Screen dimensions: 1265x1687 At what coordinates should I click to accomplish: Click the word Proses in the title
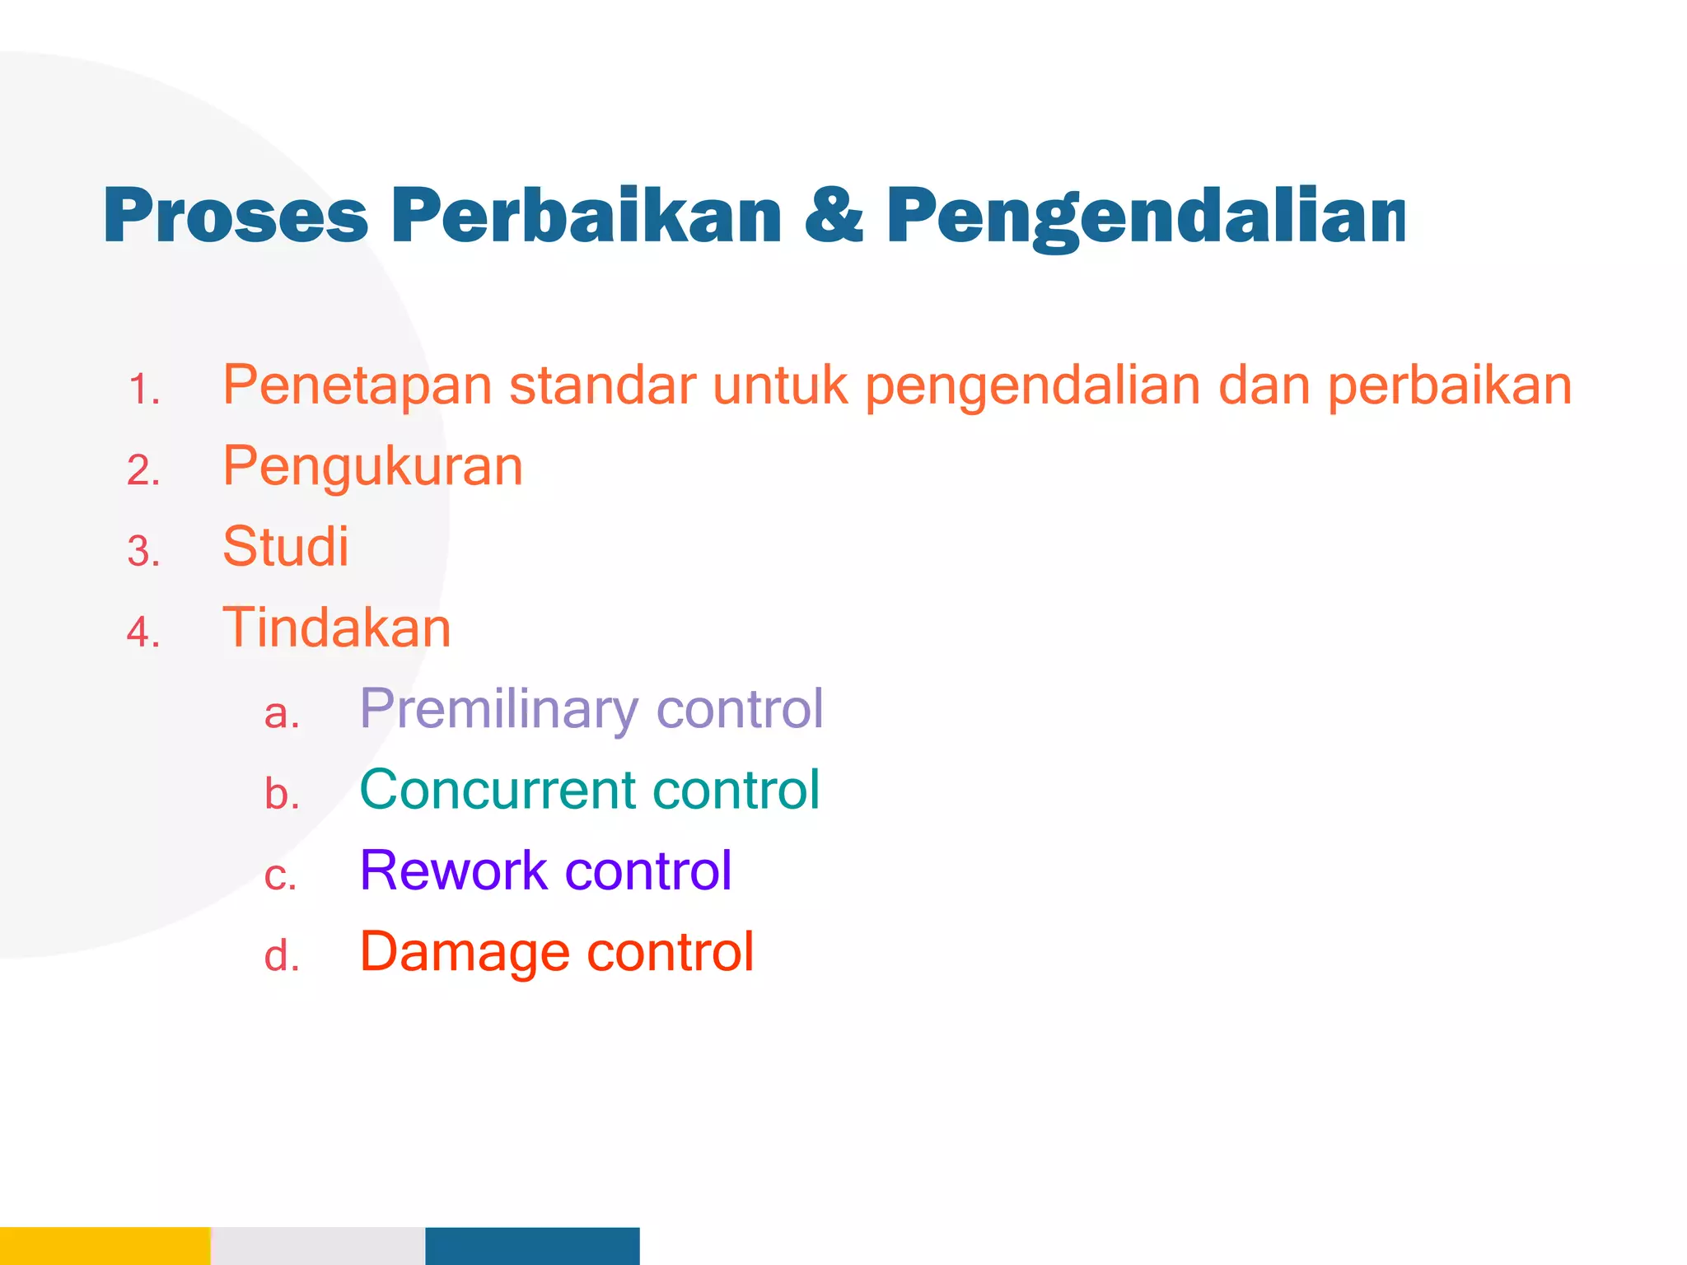[x=235, y=216]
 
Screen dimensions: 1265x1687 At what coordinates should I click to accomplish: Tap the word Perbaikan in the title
[x=586, y=216]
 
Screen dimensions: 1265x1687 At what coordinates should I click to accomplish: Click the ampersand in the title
[x=833, y=216]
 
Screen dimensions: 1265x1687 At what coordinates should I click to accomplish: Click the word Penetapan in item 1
[x=357, y=385]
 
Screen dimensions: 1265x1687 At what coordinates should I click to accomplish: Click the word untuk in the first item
[x=779, y=385]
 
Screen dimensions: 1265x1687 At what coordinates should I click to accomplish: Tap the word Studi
[x=285, y=547]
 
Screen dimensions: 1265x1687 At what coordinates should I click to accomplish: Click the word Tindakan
[x=336, y=628]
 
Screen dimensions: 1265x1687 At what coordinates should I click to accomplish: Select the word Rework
[x=453, y=871]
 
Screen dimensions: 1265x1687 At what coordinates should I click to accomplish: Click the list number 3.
[x=143, y=551]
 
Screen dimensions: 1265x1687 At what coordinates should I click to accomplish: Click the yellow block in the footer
[x=105, y=1245]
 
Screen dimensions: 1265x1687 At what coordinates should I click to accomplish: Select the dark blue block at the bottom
[x=532, y=1245]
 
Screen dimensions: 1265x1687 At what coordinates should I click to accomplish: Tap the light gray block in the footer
[x=318, y=1245]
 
